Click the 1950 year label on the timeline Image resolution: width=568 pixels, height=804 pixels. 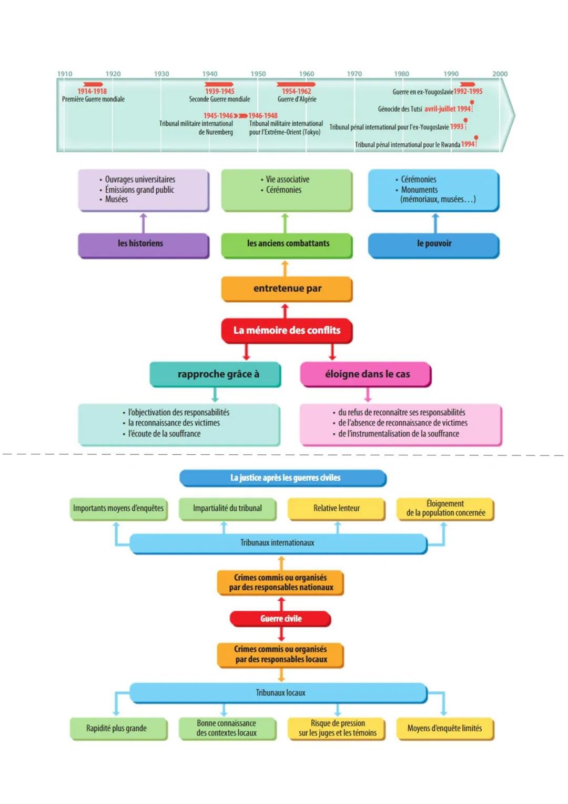click(258, 74)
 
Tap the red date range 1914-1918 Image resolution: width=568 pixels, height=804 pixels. click(92, 91)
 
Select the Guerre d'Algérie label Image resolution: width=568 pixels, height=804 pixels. click(297, 99)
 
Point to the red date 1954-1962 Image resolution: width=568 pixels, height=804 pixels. click(296, 91)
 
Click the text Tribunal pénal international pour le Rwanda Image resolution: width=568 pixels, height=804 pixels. click(408, 145)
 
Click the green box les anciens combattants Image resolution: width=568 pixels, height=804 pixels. click(287, 244)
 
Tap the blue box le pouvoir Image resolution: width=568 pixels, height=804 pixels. click(434, 244)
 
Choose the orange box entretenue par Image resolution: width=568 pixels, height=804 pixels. click(287, 289)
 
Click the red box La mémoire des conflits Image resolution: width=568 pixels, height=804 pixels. click(287, 331)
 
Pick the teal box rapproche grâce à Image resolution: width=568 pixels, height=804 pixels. click(216, 374)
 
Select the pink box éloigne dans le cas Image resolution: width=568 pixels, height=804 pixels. click(367, 374)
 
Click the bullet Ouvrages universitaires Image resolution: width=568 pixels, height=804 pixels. click(140, 180)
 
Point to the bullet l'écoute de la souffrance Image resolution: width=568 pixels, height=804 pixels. click(164, 434)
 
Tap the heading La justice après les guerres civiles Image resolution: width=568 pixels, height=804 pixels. click(285, 478)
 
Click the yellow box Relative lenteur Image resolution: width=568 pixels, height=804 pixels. click(337, 508)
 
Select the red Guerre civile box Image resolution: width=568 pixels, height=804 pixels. click(281, 619)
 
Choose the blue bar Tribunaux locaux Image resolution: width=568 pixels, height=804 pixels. click(280, 693)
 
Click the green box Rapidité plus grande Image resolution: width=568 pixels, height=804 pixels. click(117, 728)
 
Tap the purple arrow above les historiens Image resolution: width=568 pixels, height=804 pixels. click(143, 222)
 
